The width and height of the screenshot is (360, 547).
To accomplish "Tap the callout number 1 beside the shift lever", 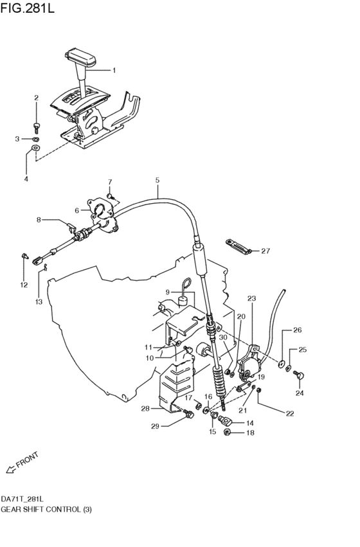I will click(114, 70).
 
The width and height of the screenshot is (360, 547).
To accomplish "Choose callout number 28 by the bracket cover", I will click(145, 408).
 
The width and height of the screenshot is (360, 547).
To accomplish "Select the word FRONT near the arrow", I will click(27, 460).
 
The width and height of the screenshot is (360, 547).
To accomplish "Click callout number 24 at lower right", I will click(300, 392).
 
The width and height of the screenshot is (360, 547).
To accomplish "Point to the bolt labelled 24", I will click(299, 373).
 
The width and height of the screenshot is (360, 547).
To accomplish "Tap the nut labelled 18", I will click(228, 433).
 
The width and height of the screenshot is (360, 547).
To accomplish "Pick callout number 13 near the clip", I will click(39, 301).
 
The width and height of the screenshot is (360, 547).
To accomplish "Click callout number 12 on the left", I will click(23, 284).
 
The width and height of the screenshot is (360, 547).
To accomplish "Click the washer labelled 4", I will click(35, 149).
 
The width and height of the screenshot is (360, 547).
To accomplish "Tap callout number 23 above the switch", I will click(251, 298).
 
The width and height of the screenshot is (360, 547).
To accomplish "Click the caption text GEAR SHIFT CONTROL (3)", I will click(46, 509).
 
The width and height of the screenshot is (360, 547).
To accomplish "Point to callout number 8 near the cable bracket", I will click(39, 220).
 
